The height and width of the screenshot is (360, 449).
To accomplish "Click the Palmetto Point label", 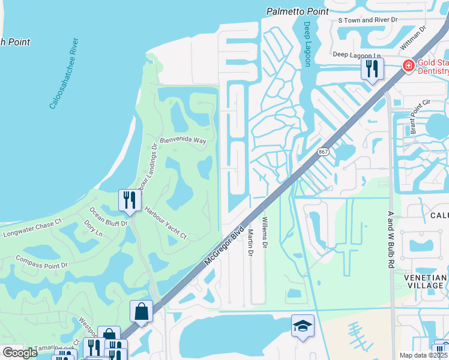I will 298,11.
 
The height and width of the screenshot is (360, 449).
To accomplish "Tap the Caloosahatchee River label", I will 63,73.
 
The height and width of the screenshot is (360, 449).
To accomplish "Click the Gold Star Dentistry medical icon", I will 408,65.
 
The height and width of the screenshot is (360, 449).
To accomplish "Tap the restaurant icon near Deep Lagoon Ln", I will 372,68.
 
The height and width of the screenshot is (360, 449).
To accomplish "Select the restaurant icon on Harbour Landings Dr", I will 130,200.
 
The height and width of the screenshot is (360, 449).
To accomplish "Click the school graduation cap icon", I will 303,326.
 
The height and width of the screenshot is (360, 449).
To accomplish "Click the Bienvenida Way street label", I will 183,140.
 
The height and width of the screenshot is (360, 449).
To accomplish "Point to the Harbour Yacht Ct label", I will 166,223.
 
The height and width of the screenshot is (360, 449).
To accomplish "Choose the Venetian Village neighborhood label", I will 426,281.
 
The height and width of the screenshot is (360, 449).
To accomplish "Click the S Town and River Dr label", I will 368,20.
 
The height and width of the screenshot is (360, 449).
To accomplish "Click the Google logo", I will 19,352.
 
